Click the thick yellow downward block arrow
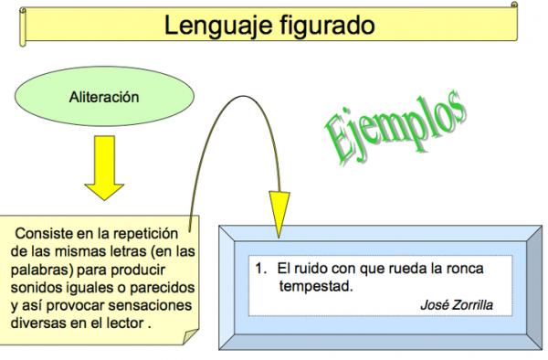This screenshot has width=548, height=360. point(104,168)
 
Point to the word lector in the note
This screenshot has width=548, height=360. point(124,323)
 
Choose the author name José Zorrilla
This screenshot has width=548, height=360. point(456,304)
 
